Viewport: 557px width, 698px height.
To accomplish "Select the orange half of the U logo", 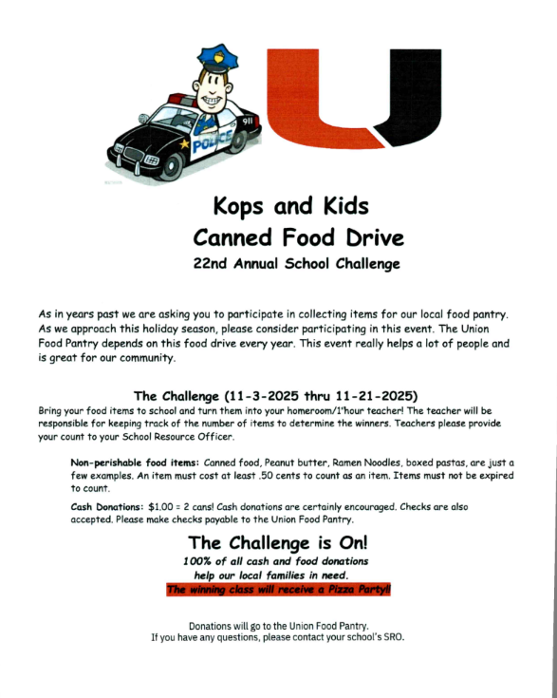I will coord(312,100).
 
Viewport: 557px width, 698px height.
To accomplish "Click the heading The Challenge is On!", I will coord(278,543).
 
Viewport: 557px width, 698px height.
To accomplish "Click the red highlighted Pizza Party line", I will coord(278,590).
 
